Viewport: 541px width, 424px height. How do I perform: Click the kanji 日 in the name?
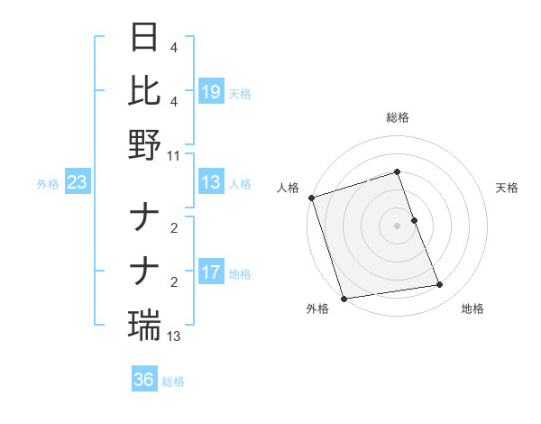[x=145, y=39]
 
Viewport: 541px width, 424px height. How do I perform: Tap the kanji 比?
[x=145, y=91]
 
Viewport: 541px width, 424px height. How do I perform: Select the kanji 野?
[x=145, y=144]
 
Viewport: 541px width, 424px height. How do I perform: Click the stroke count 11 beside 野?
[x=174, y=155]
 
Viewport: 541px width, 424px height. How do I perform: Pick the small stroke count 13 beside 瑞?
[x=174, y=336]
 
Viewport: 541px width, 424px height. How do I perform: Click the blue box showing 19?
[x=211, y=92]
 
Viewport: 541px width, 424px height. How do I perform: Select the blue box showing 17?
[x=211, y=272]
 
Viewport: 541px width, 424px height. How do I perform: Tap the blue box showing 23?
[x=78, y=183]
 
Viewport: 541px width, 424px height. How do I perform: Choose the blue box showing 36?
[x=144, y=380]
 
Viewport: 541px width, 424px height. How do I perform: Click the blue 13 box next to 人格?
[x=211, y=183]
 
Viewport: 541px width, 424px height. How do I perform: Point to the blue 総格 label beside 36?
[x=173, y=382]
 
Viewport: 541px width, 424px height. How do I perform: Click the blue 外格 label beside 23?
[x=48, y=184]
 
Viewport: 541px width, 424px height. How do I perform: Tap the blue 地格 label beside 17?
[x=240, y=273]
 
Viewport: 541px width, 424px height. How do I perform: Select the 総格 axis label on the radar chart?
[x=397, y=117]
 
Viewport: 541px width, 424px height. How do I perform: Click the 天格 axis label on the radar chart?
[x=507, y=188]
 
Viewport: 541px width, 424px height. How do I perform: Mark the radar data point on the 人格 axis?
[x=311, y=198]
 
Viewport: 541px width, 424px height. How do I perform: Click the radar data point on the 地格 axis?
[x=440, y=285]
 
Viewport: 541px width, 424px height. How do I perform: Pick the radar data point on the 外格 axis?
[x=344, y=299]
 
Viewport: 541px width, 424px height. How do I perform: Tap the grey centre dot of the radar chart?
[x=397, y=226]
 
